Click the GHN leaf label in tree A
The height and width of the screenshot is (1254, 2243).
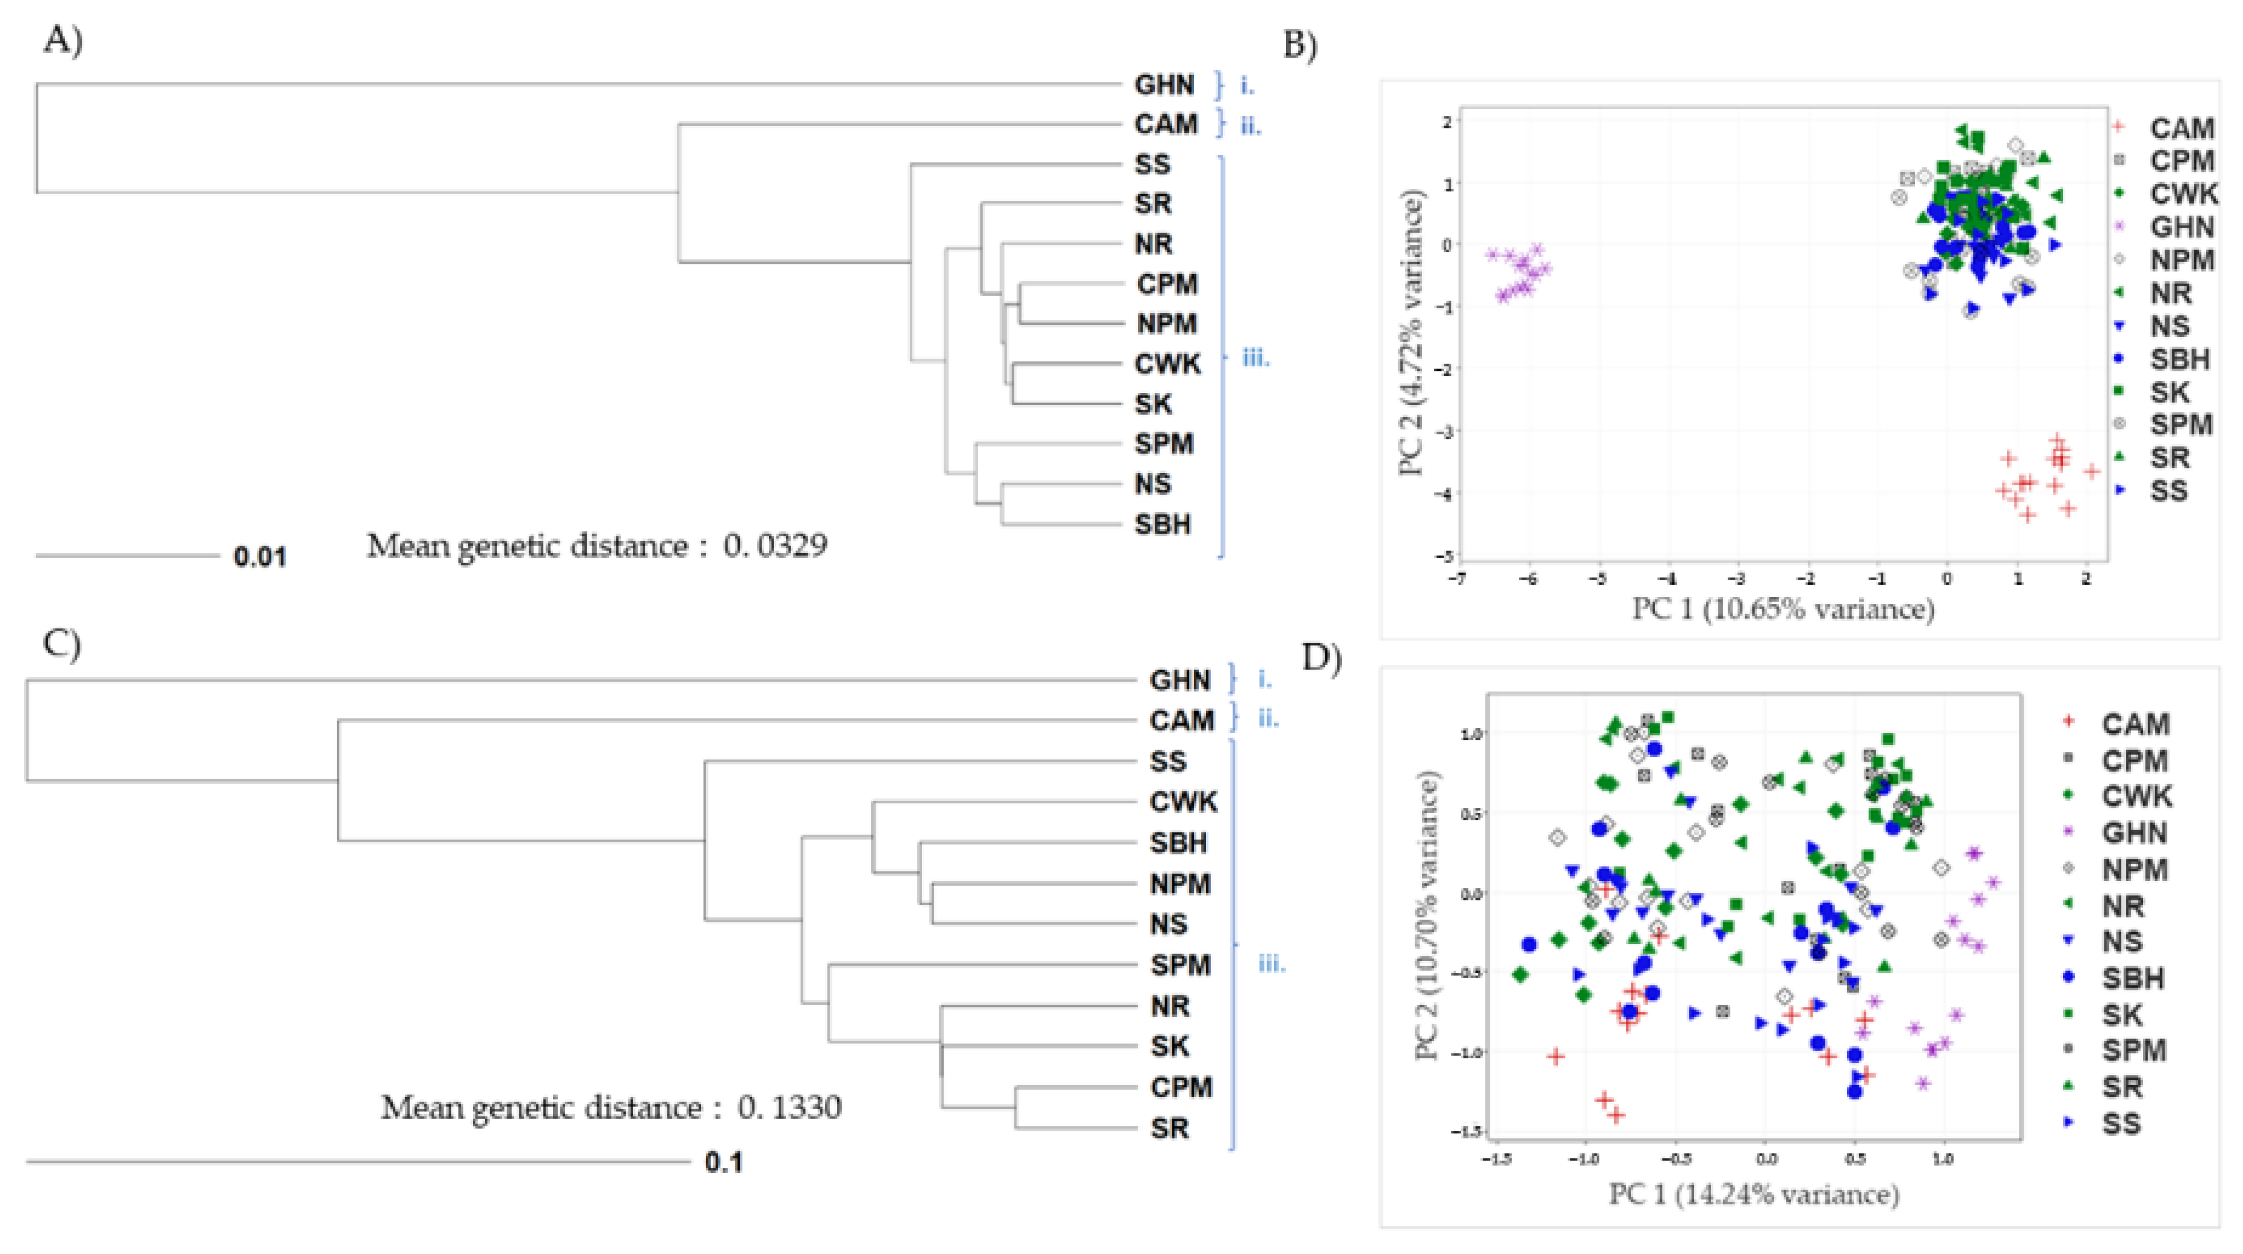click(x=1163, y=85)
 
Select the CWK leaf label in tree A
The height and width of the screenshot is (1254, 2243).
click(x=1167, y=364)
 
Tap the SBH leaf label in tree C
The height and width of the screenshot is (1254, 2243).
click(x=1178, y=843)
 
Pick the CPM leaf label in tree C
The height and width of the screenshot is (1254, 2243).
click(x=1181, y=1087)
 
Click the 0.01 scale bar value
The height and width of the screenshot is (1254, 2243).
click(x=260, y=557)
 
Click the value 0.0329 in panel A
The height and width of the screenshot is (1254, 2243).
click(x=775, y=546)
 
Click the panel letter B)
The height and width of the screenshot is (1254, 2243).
click(x=1300, y=45)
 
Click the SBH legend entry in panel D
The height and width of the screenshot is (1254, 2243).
click(x=2133, y=978)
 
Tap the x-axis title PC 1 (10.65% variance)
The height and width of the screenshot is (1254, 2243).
click(x=1782, y=608)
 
